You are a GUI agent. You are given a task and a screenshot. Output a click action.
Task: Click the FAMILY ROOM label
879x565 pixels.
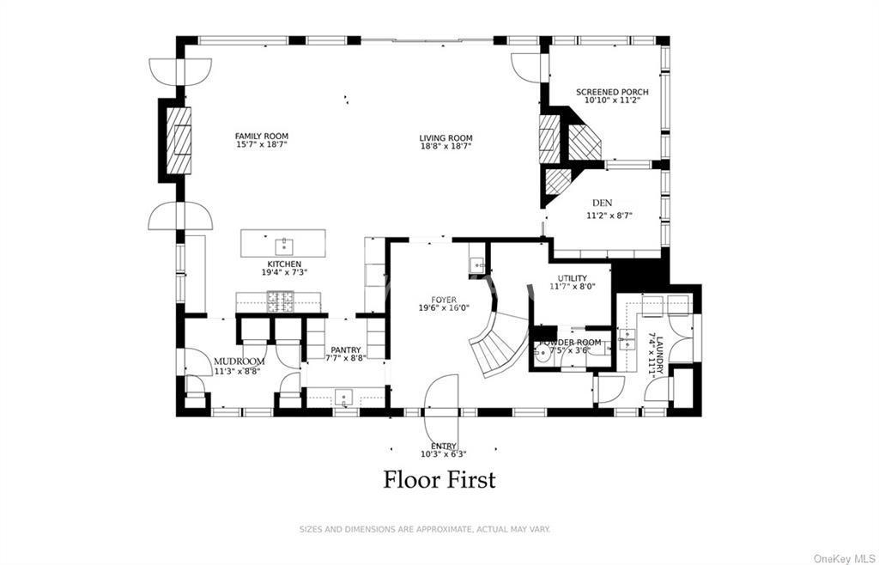click(x=262, y=137)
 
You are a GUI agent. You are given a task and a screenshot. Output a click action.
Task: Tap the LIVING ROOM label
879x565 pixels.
click(x=446, y=138)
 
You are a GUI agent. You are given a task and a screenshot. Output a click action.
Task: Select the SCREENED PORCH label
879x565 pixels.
click(x=612, y=92)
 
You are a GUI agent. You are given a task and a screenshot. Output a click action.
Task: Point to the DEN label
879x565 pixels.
click(x=602, y=203)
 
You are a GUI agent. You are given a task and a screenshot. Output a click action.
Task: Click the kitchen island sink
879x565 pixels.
click(x=283, y=245)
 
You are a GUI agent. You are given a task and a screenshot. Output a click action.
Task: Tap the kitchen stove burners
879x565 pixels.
click(x=279, y=301)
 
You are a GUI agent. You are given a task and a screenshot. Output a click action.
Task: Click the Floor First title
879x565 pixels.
click(x=439, y=480)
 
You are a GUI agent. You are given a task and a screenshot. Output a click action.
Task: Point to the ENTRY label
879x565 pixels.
click(x=444, y=447)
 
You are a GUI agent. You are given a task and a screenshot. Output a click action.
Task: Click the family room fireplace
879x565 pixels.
click(x=179, y=140)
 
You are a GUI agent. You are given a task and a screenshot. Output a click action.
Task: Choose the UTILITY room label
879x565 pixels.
click(x=573, y=278)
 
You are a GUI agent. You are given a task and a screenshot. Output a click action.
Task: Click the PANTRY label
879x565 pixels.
click(x=345, y=350)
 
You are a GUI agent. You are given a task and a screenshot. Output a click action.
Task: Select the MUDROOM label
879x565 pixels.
click(x=239, y=361)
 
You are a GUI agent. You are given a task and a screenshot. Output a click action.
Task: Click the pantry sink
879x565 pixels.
click(x=343, y=398)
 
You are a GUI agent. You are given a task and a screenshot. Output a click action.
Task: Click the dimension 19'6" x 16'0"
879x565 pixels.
click(x=444, y=307)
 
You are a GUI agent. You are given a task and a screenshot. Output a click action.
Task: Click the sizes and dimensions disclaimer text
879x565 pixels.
click(x=425, y=529)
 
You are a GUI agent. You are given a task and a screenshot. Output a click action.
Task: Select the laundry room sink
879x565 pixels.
click(x=627, y=338)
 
